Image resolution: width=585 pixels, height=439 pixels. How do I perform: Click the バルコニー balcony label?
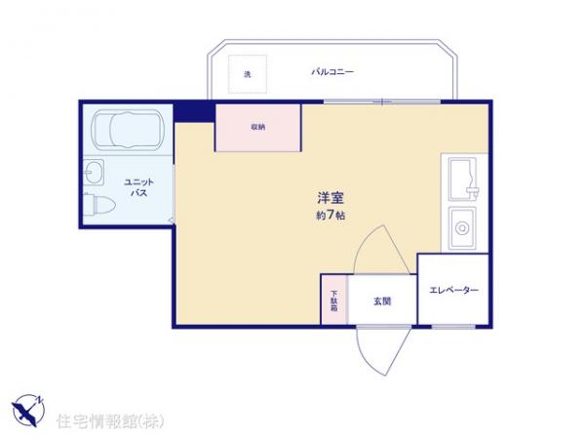pos(332,71)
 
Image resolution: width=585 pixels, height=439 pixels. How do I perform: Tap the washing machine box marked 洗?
pos(248,74)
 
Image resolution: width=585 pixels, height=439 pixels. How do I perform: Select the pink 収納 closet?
pos(258,127)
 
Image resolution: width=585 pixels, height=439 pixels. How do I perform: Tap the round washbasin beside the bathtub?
pos(95,175)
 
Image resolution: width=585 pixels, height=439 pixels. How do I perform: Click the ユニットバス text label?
pos(137,187)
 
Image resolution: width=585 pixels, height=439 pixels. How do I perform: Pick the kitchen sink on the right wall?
pos(461,178)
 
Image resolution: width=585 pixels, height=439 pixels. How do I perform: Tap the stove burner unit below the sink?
pos(460,229)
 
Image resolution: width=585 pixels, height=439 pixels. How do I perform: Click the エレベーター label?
pos(453,291)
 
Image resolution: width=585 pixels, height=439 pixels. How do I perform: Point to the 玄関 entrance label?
pos(381,301)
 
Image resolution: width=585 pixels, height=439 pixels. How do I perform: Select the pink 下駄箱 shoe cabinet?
pos(333,299)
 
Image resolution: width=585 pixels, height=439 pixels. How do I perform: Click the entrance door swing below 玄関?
pos(380,347)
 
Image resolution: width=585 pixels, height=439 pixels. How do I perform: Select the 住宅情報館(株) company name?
pos(110,420)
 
